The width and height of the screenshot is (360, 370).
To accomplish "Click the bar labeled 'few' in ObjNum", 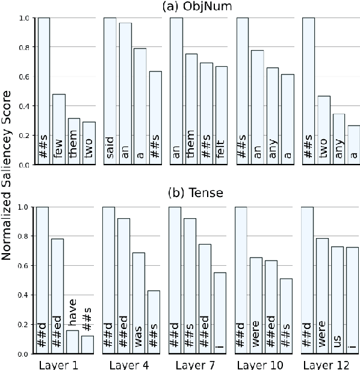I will coord(58,129).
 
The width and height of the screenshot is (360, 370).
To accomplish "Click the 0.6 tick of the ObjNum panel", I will coord(23,77).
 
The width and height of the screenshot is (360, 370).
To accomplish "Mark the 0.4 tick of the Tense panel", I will coord(23,295).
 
